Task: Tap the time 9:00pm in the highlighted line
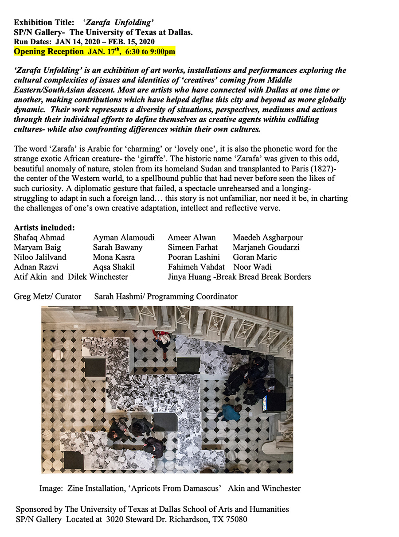coord(160,51)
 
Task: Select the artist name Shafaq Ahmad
coord(39,237)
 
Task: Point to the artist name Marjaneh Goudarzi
coord(266,247)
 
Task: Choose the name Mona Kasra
coord(114,257)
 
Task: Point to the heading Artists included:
coord(44,228)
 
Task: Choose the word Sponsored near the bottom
coord(34,510)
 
